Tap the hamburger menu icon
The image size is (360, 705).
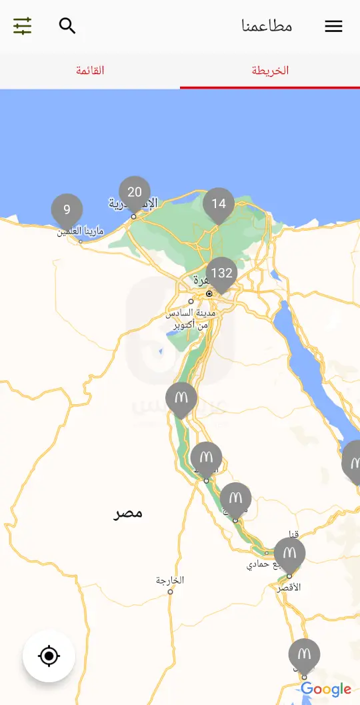333,26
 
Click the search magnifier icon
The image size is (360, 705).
67,26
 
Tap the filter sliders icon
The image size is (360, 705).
22,26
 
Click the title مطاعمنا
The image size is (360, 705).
267,26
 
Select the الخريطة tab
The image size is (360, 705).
270,71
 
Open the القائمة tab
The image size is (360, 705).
90,71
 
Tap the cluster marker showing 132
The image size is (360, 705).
221,273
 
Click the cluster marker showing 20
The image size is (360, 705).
135,193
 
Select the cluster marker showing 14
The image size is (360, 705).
219,204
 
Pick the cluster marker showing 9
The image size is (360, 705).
67,210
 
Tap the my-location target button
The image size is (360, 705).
49,656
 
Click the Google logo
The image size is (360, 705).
326,689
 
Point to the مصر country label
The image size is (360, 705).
128,513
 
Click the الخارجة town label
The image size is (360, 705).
170,580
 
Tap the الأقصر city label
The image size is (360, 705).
289,587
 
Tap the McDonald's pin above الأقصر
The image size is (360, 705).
289,554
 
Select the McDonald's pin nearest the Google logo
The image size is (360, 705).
304,654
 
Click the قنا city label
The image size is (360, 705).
293,534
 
